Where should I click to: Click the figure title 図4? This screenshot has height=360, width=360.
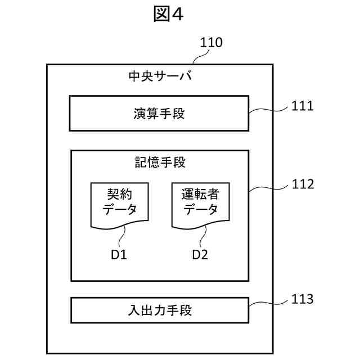[169, 15]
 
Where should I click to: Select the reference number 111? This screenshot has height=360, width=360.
[302, 105]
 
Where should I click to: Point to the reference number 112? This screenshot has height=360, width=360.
[302, 184]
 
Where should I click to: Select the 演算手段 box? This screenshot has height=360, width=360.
[159, 113]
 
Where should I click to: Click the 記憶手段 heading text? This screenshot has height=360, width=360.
[160, 163]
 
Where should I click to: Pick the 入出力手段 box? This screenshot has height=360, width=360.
[159, 310]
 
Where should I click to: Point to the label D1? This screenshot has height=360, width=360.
[118, 255]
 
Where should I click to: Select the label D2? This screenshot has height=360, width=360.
[200, 255]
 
